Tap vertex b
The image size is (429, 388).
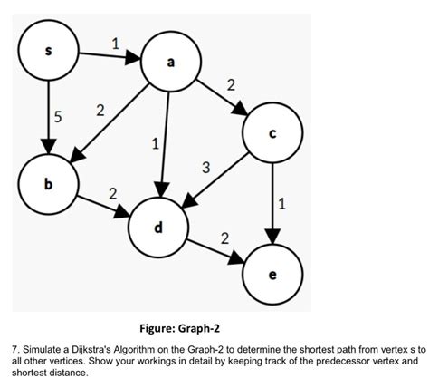48,184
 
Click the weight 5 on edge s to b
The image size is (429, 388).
57,117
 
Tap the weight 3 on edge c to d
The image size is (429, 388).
206,169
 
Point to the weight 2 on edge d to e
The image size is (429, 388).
224,238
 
